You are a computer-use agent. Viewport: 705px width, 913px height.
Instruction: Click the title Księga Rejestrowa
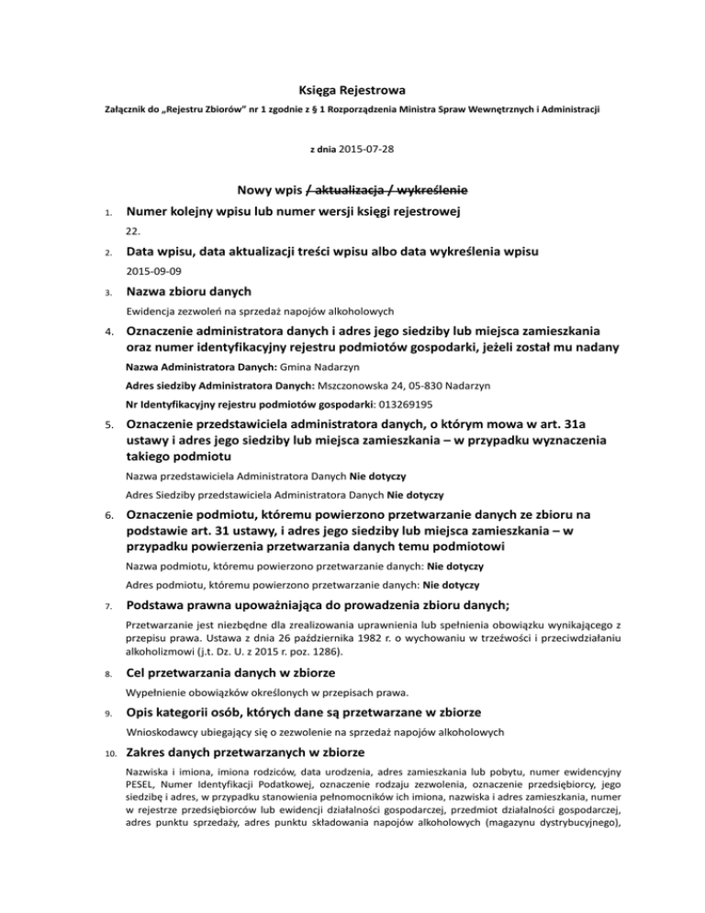tap(352, 89)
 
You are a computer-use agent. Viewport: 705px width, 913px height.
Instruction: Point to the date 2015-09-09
tap(154, 272)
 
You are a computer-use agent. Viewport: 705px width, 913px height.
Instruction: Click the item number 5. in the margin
tap(106, 425)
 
